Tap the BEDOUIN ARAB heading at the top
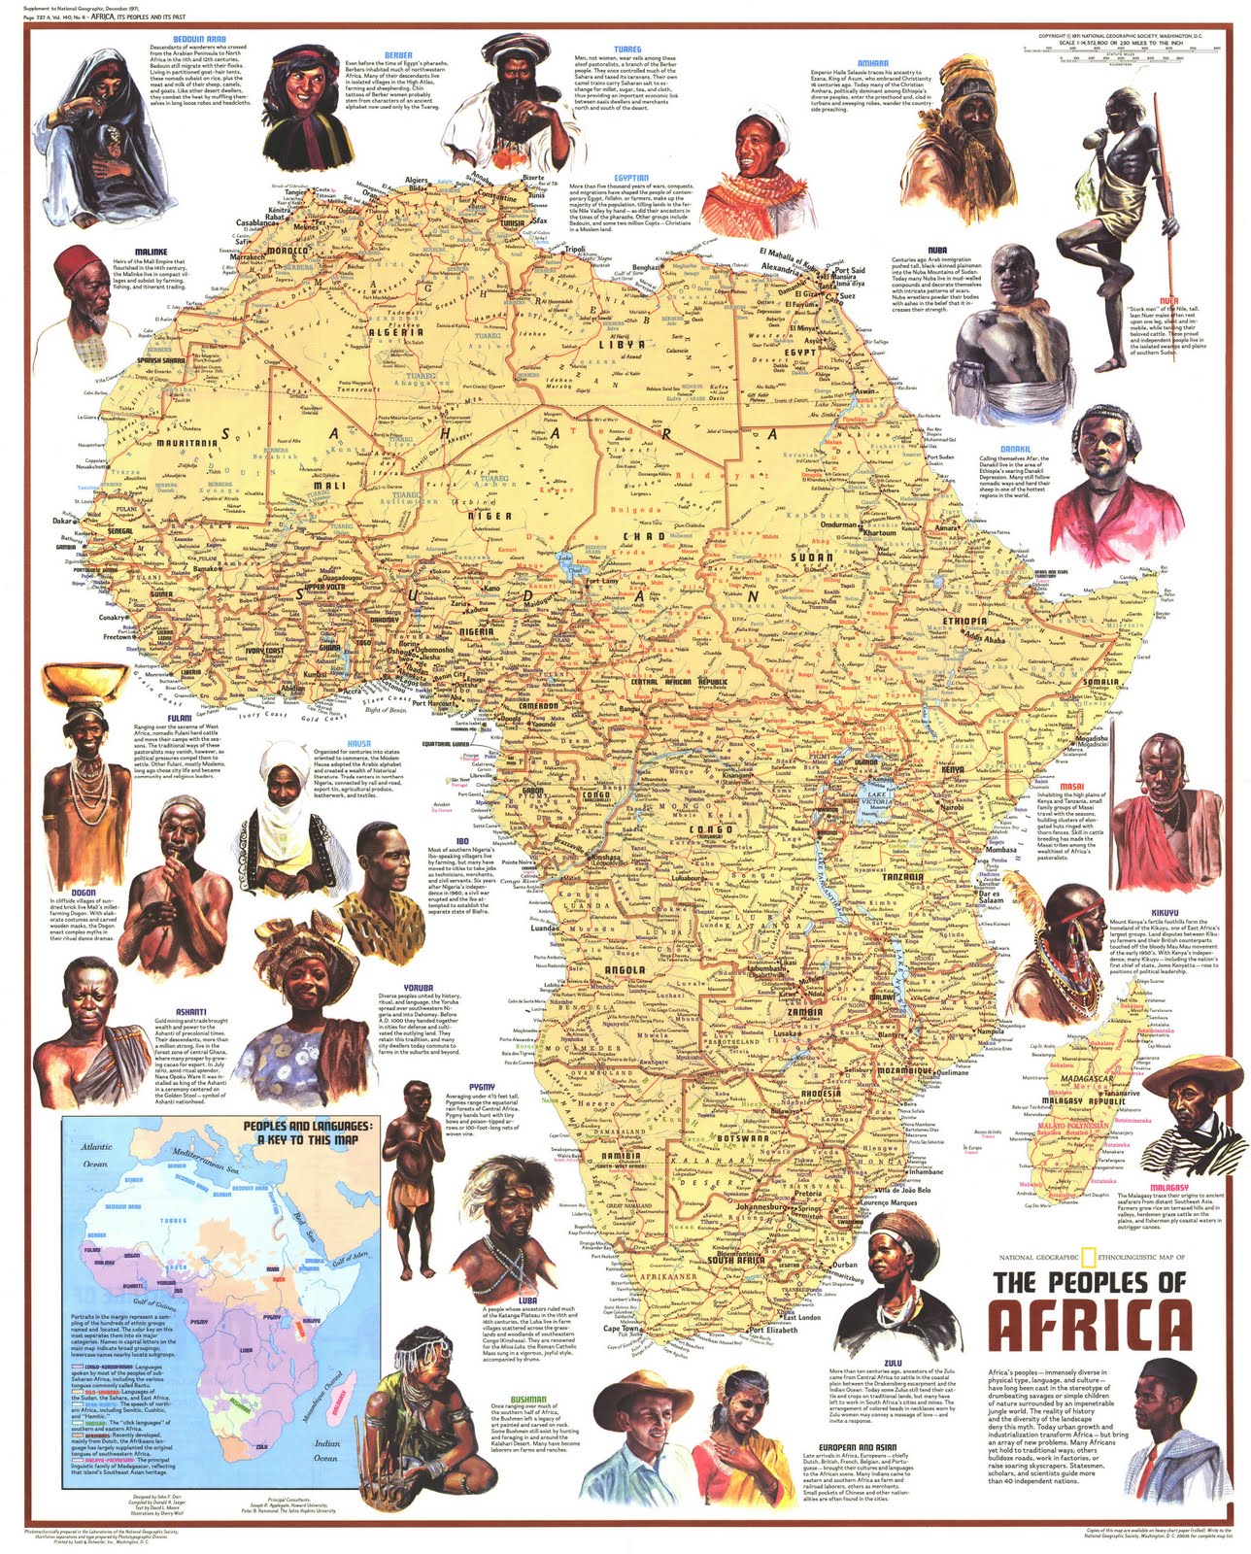(201, 40)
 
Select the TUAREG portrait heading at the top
(626, 50)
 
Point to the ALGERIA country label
(394, 332)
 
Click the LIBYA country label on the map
(622, 344)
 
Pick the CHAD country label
(643, 536)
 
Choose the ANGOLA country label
(625, 969)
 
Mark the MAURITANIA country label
(186, 443)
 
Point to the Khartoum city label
(880, 532)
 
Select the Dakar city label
(63, 521)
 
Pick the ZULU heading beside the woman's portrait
(893, 1364)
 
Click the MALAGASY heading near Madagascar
(1168, 1187)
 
